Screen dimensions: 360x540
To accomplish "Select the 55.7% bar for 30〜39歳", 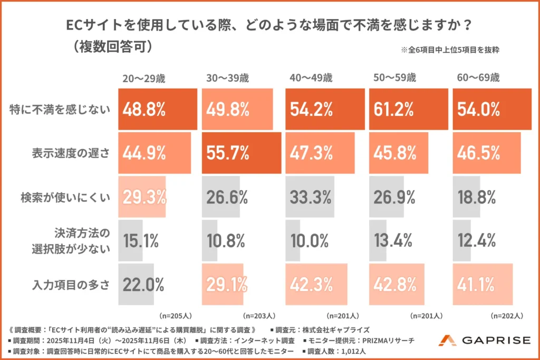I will tap(242, 153).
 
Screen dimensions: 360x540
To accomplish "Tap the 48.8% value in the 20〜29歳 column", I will tap(144, 110).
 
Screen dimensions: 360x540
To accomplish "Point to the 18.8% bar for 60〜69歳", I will tap(466, 197).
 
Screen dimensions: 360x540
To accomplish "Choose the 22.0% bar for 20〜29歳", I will tap(136, 285).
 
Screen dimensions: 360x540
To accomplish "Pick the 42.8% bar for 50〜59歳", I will tap(399, 285).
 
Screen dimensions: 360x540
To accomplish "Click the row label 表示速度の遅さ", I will tap(70, 153).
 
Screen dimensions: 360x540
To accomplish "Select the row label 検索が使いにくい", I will tap(65, 197).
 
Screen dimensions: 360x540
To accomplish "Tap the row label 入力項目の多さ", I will tap(70, 285).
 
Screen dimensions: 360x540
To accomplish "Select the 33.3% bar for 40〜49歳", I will tap(310, 197).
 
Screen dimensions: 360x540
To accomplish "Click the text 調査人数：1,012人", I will tap(337, 349).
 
